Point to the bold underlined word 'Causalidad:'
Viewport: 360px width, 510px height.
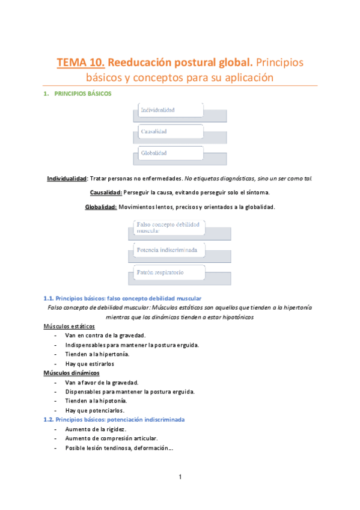tap(105, 192)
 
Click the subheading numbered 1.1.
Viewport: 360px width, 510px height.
tap(123, 298)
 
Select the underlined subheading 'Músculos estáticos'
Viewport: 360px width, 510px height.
tap(69, 326)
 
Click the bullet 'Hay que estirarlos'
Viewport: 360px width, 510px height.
tap(90, 363)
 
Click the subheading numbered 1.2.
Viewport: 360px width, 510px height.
tap(114, 420)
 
